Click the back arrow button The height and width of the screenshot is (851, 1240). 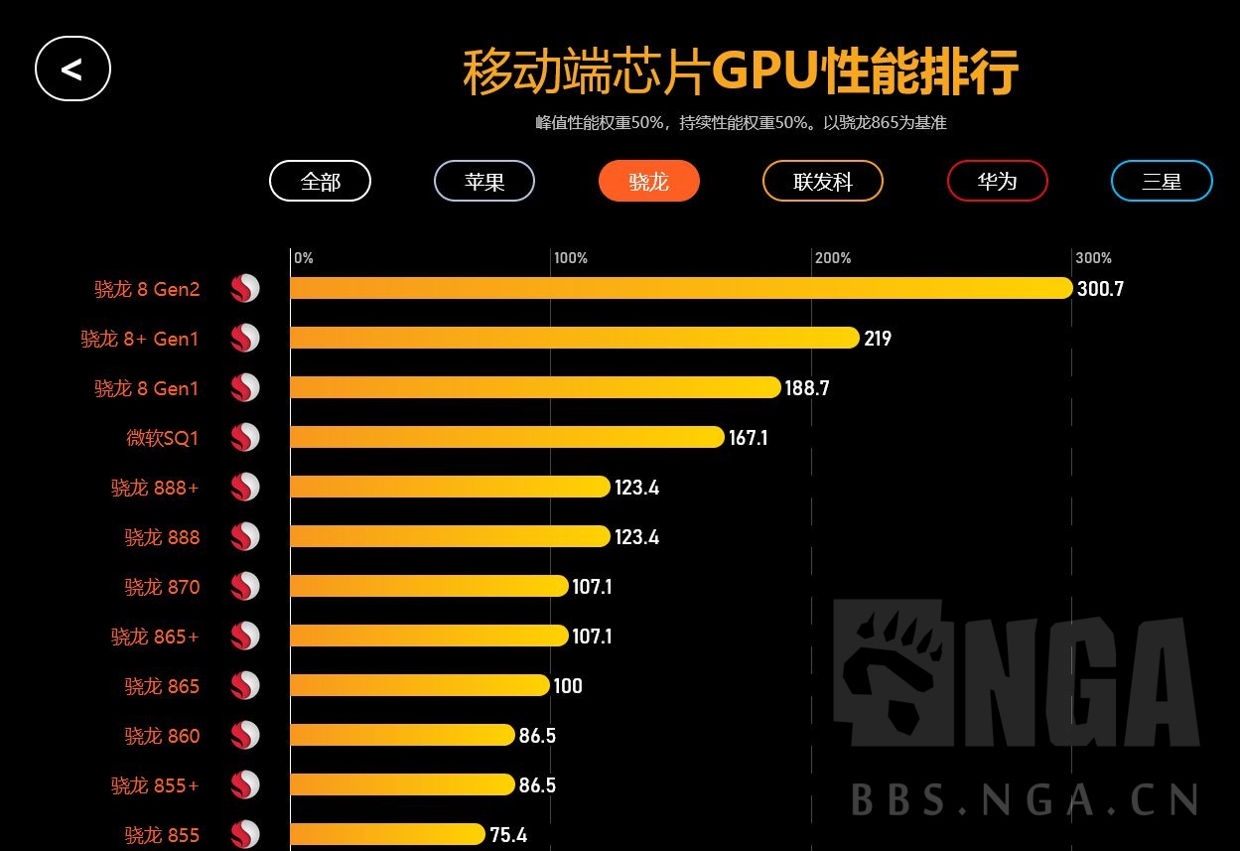72,69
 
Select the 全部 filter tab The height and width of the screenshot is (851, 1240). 320,182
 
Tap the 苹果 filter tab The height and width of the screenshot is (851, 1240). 484,182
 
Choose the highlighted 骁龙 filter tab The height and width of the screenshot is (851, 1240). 648,182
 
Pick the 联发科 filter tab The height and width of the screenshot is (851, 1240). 822,182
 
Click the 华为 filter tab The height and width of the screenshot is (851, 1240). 997,182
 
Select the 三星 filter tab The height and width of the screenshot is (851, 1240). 1161,182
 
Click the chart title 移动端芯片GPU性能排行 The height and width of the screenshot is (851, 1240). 740,71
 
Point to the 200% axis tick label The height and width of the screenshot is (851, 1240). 832,258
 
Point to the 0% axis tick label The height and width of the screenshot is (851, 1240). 304,258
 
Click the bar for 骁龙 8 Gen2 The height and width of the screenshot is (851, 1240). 680,288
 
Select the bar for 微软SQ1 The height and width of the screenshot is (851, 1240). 506,437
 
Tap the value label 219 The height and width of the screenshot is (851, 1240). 878,339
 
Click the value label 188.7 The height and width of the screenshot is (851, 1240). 806,388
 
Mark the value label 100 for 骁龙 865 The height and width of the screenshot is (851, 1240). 568,686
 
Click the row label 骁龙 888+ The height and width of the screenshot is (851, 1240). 155,488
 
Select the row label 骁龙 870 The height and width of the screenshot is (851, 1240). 162,587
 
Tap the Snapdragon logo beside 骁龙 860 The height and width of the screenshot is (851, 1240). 245,736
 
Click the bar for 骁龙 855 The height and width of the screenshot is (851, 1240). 387,834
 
